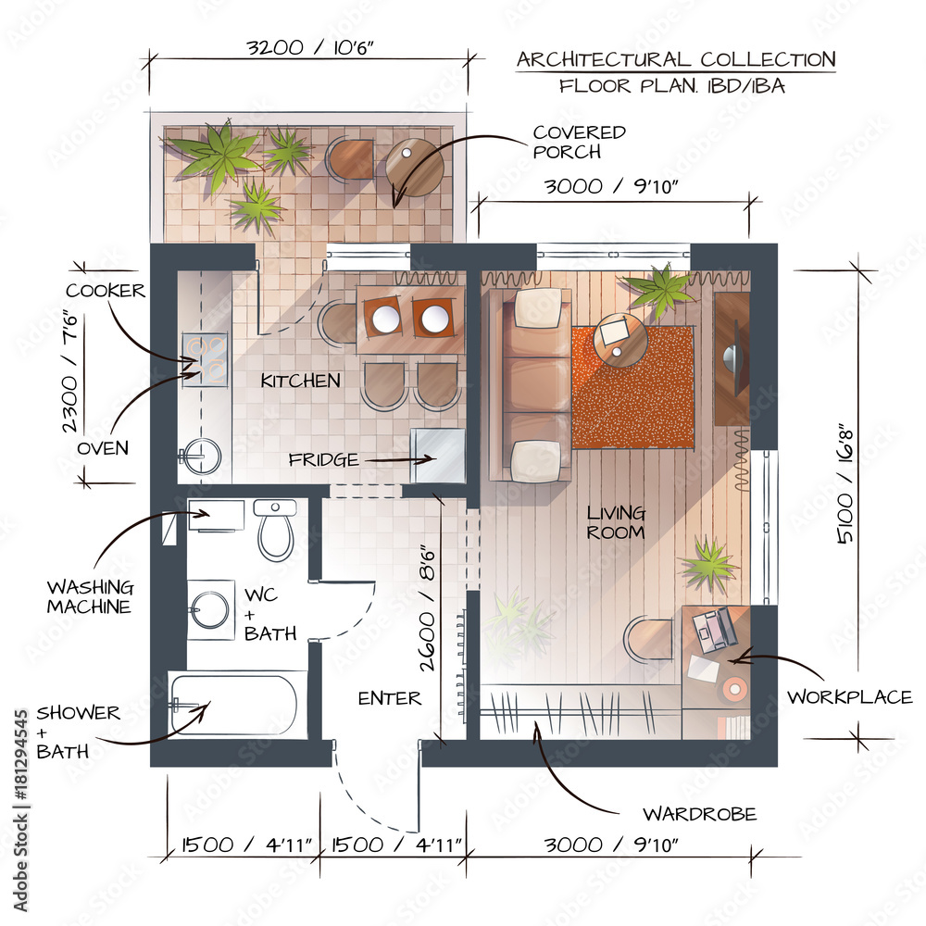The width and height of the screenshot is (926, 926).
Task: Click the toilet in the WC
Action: point(276,529)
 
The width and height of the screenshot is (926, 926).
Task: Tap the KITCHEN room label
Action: point(301,381)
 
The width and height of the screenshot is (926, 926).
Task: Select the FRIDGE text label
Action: point(323,459)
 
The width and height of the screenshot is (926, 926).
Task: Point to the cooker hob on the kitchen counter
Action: point(205,359)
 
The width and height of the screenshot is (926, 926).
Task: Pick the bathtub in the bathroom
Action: point(233,704)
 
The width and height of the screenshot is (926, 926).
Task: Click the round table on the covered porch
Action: point(415,167)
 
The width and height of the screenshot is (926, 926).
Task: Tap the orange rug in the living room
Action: point(633,387)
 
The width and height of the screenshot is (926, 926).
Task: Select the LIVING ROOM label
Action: point(616,522)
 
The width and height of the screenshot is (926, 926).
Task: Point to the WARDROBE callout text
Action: point(700,814)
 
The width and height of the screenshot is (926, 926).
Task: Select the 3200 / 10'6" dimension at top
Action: point(309,47)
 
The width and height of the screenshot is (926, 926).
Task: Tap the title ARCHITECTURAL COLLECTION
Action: point(676,59)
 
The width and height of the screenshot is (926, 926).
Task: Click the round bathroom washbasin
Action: point(208,609)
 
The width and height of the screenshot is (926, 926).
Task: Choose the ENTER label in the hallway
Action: point(390,698)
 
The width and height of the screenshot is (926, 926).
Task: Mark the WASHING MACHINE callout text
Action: point(91,597)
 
